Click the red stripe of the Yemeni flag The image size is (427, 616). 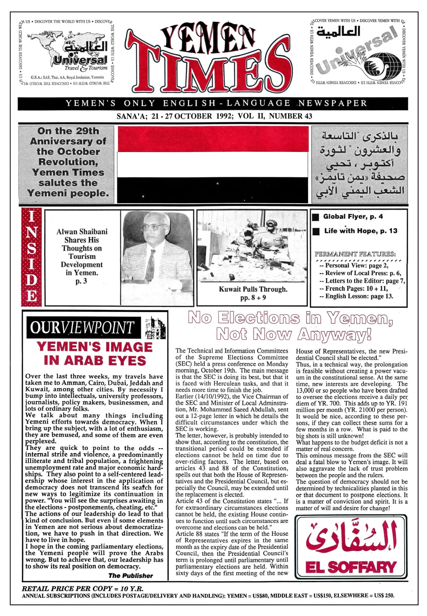[213, 139]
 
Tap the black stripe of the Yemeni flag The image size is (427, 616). [213, 190]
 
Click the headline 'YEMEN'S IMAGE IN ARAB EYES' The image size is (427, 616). [94, 354]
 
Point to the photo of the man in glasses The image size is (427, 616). [157, 249]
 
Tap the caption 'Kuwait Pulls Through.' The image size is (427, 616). [253, 289]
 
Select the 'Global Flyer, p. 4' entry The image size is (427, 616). [353, 217]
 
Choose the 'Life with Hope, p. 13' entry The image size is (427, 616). [360, 231]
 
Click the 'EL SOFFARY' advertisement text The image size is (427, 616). [351, 567]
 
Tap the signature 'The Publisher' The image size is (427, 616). [131, 576]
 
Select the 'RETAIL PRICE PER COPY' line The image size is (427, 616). [83, 589]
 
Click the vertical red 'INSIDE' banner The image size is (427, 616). [31, 257]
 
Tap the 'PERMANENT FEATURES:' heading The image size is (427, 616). [355, 254]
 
